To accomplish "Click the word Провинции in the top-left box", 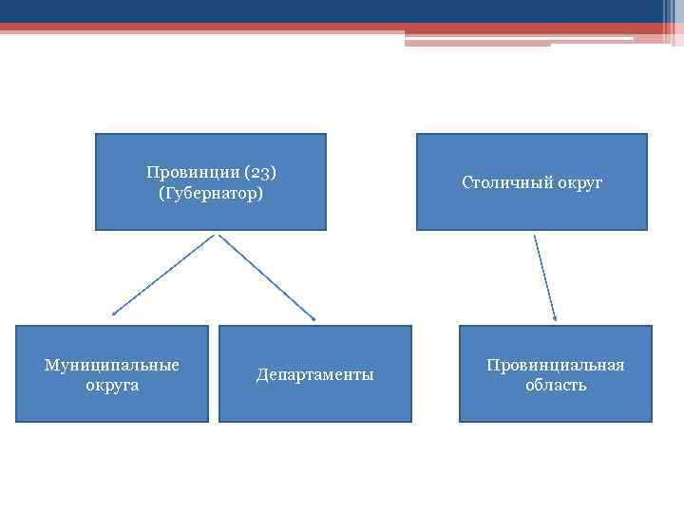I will pyautogui.click(x=193, y=173).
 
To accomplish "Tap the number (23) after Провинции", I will pyautogui.click(x=260, y=173).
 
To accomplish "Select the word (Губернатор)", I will pyautogui.click(x=211, y=194).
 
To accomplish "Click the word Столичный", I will pyautogui.click(x=503, y=182).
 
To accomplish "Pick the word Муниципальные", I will pyautogui.click(x=112, y=365).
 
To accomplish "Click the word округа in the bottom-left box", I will pyautogui.click(x=112, y=385).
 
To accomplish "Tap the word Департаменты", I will pyautogui.click(x=315, y=374).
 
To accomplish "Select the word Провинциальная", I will pyautogui.click(x=556, y=365).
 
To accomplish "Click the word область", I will pyautogui.click(x=556, y=385).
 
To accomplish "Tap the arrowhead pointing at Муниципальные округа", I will pyautogui.click(x=114, y=313).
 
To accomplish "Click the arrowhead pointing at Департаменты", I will pyautogui.click(x=313, y=317).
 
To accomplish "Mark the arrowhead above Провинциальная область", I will pyautogui.click(x=555, y=317).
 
